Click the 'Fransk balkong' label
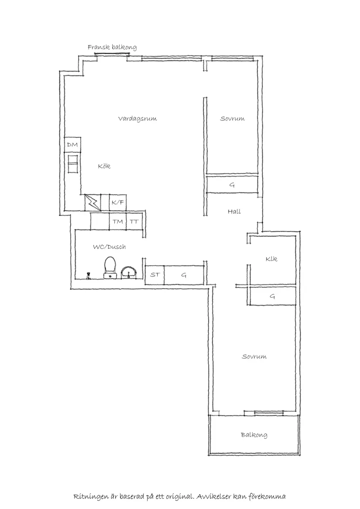(112, 47)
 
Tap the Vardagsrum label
(137, 119)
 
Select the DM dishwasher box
(72, 145)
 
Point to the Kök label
(104, 166)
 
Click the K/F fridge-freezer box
(118, 202)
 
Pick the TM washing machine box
(117, 222)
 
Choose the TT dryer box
(134, 222)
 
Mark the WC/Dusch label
(109, 247)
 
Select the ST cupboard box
(154, 275)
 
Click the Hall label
(234, 212)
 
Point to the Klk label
(271, 259)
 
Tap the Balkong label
(254, 435)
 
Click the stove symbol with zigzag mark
(93, 202)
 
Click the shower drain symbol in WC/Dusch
(89, 275)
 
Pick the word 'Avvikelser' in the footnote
(214, 497)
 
